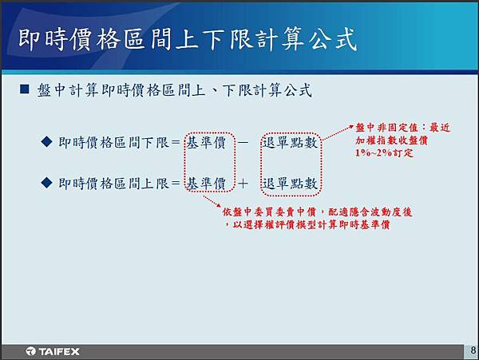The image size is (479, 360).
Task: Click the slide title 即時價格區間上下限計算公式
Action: (x=188, y=39)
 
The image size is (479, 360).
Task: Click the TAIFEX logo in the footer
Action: (x=53, y=351)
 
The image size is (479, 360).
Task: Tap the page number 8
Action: (x=473, y=350)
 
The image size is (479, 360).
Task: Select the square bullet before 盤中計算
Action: (x=25, y=89)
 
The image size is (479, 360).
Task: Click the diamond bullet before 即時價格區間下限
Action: (x=46, y=141)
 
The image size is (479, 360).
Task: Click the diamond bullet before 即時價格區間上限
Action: (x=46, y=183)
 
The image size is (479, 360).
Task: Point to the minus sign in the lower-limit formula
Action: (x=243, y=142)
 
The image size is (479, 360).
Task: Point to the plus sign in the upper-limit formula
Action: (x=243, y=184)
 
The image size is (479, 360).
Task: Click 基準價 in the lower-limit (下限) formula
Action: (x=206, y=142)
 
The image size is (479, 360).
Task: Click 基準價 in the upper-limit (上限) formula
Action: (x=206, y=184)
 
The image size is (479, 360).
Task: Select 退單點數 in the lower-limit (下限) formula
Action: (x=290, y=142)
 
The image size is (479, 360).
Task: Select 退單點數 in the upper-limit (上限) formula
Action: (x=290, y=184)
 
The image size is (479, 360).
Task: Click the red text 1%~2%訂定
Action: (x=384, y=152)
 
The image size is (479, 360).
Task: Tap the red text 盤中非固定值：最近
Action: (x=403, y=128)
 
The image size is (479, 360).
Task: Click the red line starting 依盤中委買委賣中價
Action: (x=317, y=212)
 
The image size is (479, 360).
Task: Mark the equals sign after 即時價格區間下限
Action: (x=176, y=142)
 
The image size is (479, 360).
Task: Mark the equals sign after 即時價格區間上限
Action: (x=176, y=184)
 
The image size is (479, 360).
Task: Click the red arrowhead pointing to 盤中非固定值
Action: (x=351, y=126)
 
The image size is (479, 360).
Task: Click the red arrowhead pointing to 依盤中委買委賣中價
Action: (x=219, y=204)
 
